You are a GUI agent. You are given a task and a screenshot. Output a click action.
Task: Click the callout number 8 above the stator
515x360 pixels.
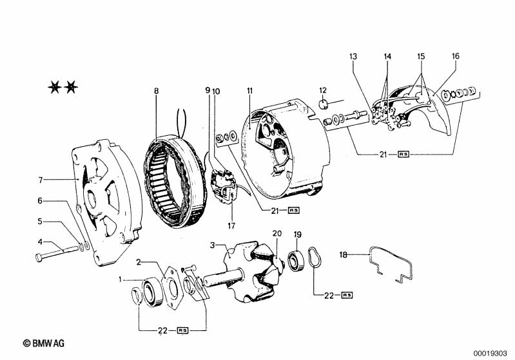pos(157,91)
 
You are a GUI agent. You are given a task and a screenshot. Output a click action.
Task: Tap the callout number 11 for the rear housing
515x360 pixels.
pos(250,91)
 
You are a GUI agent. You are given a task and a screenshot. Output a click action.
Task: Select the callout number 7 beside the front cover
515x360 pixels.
pos(41,180)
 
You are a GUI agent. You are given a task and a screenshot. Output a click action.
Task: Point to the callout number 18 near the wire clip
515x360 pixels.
pos(343,254)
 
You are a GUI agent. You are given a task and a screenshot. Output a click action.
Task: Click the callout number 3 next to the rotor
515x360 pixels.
pos(213,245)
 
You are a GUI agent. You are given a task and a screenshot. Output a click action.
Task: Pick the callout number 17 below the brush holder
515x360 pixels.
pos(231,226)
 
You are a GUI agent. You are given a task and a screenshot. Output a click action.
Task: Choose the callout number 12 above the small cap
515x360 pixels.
pos(323,90)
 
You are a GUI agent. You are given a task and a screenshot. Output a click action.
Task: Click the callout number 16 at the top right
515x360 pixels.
pos(456,56)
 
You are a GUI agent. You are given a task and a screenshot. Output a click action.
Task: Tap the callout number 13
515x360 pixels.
pos(353,57)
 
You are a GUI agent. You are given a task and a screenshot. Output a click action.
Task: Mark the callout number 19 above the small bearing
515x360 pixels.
pos(298,234)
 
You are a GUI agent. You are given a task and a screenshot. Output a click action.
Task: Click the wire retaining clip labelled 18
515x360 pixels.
pos(391,263)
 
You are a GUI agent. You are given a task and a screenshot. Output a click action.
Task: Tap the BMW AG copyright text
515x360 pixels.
pos(44,343)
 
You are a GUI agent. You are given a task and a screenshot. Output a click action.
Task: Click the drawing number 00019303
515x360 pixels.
pos(490,354)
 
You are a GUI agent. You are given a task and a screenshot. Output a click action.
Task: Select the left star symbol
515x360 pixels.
pos(55,88)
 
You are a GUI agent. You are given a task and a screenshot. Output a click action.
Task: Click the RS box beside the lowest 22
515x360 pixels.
pos(182,330)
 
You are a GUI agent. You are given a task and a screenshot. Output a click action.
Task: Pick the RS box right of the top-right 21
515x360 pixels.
pos(403,154)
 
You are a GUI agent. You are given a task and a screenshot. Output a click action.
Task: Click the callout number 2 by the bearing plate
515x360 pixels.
pos(139,262)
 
